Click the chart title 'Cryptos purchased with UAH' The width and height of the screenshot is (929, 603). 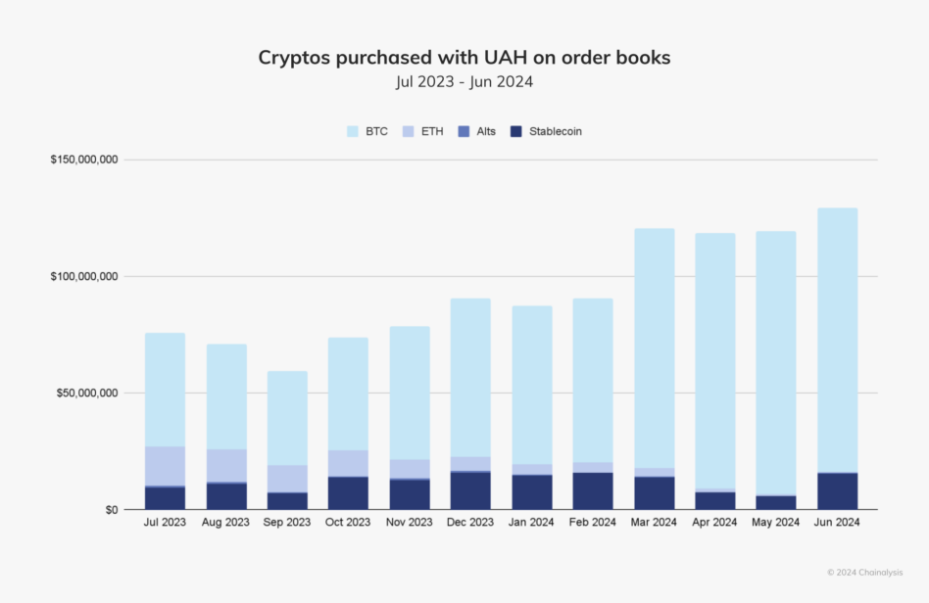(x=464, y=58)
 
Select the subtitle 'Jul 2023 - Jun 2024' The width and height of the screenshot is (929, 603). (x=464, y=82)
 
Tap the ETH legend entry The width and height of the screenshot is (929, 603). (x=420, y=131)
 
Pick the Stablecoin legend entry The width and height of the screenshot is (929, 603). (x=546, y=131)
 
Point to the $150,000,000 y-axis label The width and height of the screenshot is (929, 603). (x=84, y=160)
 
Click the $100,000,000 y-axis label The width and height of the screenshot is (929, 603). (x=84, y=276)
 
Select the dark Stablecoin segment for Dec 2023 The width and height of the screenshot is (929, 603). (x=470, y=490)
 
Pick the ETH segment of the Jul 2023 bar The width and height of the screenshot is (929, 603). (x=165, y=465)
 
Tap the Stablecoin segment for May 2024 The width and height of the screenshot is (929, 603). (x=775, y=502)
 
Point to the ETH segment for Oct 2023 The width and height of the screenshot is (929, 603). (x=349, y=463)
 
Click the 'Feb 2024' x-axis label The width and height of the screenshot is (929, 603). (x=593, y=523)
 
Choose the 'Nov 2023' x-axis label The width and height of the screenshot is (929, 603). (x=410, y=523)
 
